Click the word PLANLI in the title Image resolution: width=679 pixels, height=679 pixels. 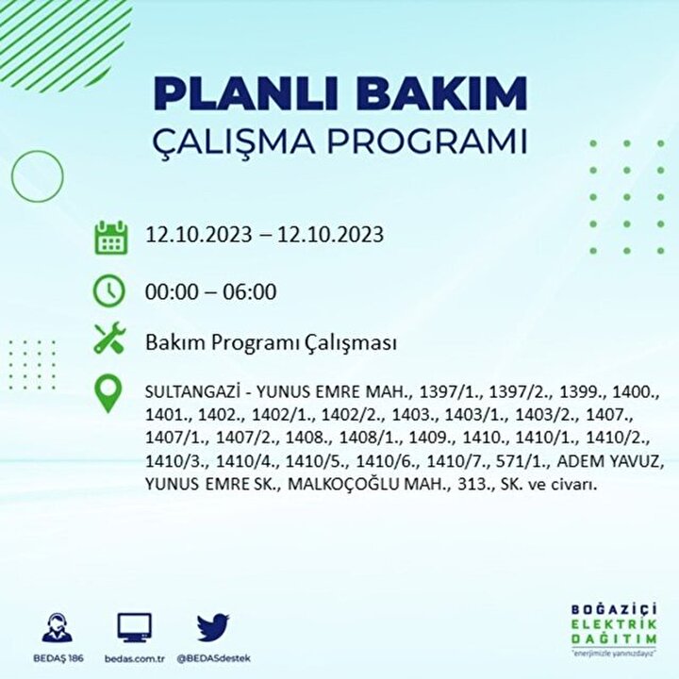[245, 93]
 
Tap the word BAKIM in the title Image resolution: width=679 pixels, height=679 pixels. [440, 93]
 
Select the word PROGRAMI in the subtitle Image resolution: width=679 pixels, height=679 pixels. [426, 141]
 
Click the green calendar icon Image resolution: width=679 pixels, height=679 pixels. [111, 238]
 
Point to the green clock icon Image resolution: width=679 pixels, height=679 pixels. [109, 290]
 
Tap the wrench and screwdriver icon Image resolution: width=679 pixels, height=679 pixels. [109, 339]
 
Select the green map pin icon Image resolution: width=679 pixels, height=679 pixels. [108, 393]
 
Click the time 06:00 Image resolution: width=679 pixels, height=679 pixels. [249, 291]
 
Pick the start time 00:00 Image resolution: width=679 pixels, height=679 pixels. [172, 291]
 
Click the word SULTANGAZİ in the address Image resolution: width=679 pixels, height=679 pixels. [192, 392]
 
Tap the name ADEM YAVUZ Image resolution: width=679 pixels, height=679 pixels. [610, 461]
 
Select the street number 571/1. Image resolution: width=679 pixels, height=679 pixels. [523, 461]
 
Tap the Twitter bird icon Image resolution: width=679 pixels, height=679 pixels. [213, 627]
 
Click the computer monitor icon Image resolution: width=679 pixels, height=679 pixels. [135, 627]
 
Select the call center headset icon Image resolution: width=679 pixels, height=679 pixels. [58, 627]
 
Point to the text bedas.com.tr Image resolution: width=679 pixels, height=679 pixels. [134, 659]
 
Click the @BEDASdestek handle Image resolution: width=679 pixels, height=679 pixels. [213, 659]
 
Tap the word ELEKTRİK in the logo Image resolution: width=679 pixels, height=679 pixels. [614, 624]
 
